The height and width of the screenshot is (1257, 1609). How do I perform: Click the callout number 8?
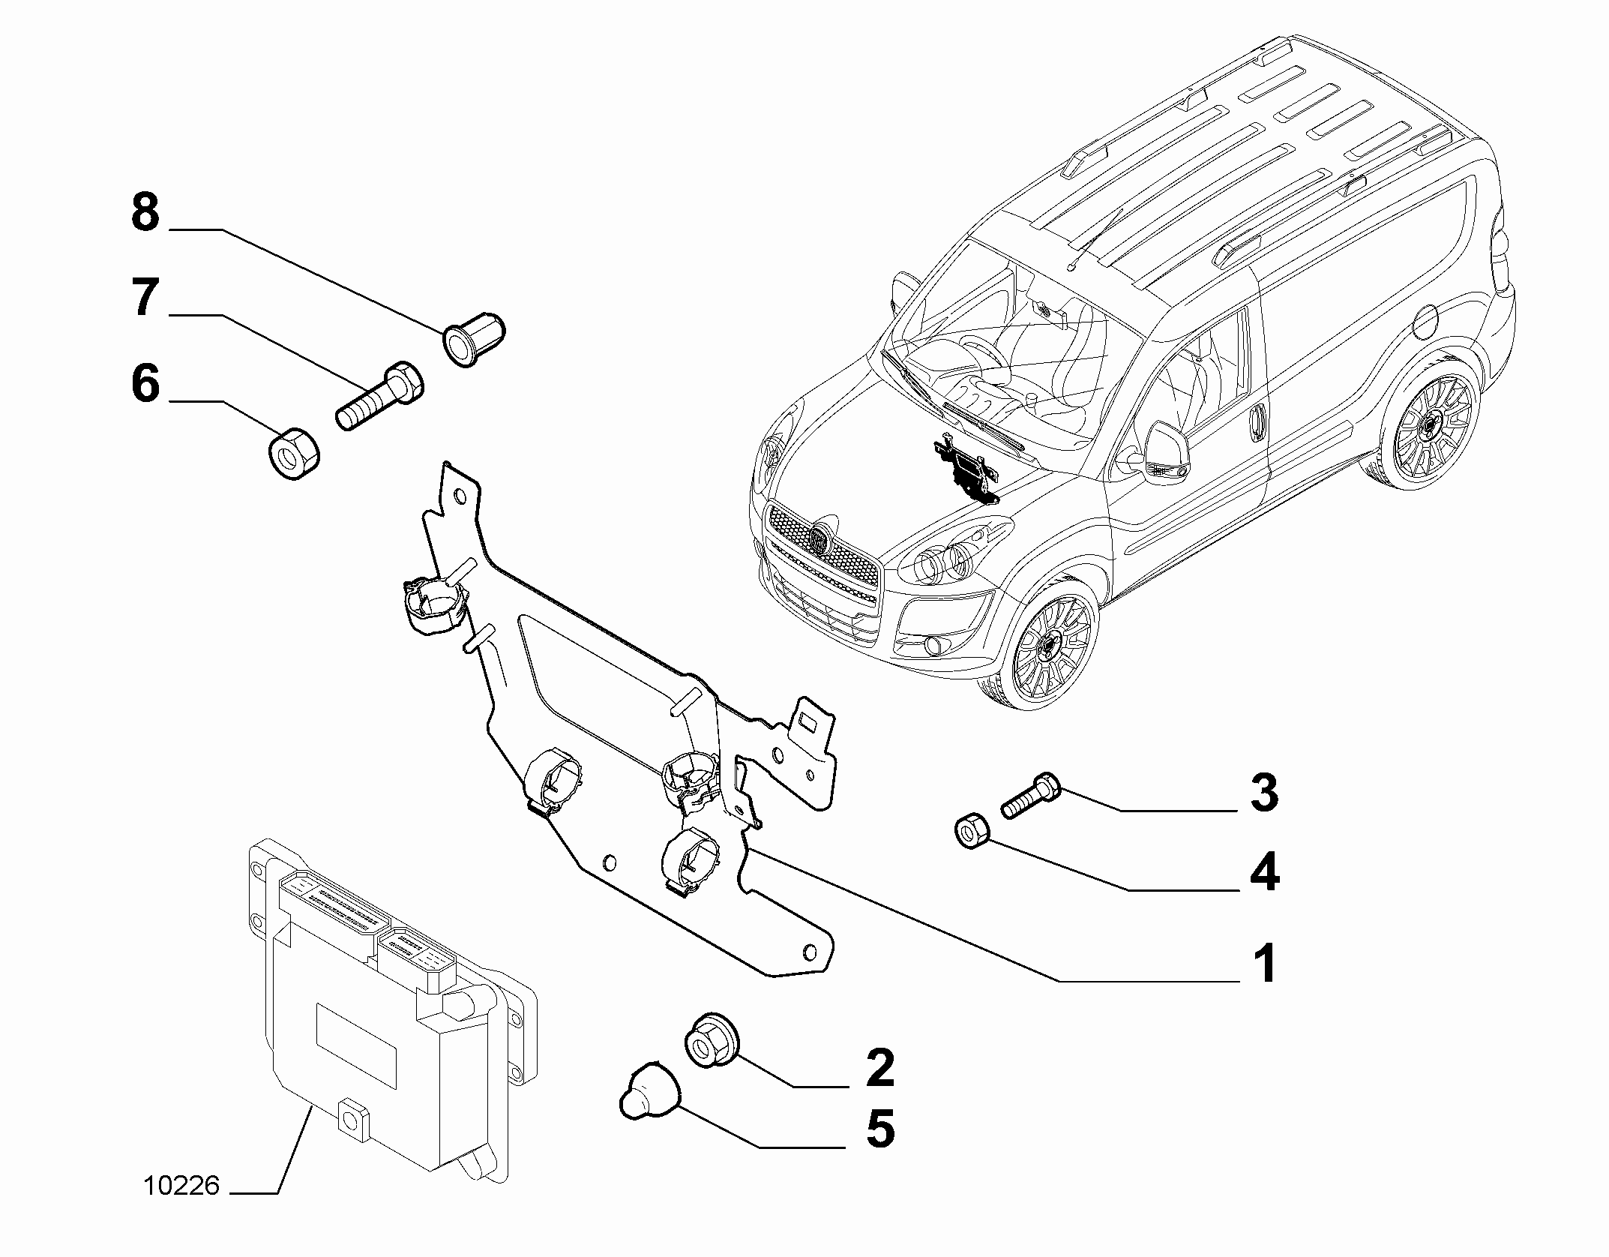pyautogui.click(x=145, y=212)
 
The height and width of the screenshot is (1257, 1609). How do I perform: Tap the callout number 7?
pyautogui.click(x=145, y=298)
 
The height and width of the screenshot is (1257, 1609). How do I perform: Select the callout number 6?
pyautogui.click(x=145, y=383)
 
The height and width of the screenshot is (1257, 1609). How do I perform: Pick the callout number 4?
pyautogui.click(x=1264, y=871)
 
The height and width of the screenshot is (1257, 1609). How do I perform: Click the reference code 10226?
pyautogui.click(x=181, y=1186)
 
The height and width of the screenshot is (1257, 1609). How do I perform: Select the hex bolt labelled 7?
pyautogui.click(x=380, y=394)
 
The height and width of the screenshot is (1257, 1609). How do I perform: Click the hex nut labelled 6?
pyautogui.click(x=293, y=452)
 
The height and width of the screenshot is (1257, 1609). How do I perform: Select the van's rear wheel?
pyautogui.click(x=1425, y=424)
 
